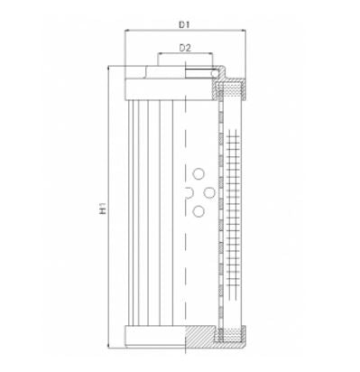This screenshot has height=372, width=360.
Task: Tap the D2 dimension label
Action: click(x=184, y=47)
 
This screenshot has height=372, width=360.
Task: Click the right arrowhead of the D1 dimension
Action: click(x=244, y=31)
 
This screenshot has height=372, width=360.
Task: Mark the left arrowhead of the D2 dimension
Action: click(x=160, y=56)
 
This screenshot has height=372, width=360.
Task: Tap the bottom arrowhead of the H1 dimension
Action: click(x=110, y=348)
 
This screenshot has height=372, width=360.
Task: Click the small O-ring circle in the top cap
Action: click(x=214, y=75)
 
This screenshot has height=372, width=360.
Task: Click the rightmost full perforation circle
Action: click(x=210, y=192)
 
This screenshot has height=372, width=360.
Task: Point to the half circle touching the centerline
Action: click(x=188, y=192)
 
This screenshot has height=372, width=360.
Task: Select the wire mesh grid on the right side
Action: click(x=237, y=212)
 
